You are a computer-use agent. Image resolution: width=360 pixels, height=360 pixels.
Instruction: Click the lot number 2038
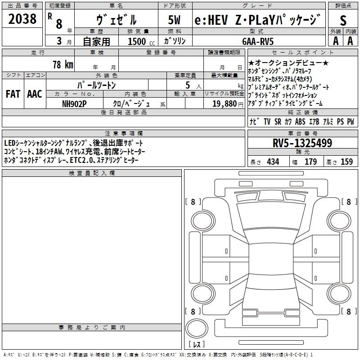[22, 19]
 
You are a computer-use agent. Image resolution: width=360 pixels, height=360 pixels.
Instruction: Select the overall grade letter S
[343, 20]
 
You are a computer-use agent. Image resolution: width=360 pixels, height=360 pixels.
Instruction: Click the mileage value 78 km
[63, 64]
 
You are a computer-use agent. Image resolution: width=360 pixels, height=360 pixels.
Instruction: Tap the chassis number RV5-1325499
[302, 143]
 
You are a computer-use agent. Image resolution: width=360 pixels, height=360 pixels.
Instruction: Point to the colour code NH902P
[74, 104]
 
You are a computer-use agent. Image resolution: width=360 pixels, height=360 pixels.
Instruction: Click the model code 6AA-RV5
[258, 41]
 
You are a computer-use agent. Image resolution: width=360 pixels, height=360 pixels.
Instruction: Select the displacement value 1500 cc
[141, 41]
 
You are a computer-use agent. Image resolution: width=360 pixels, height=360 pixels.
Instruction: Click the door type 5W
[174, 20]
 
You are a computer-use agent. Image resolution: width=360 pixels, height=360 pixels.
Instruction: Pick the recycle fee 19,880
[225, 103]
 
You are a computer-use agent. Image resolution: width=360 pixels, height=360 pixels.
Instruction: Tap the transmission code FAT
[13, 94]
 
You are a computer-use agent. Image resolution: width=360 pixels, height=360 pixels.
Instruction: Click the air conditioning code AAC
[35, 94]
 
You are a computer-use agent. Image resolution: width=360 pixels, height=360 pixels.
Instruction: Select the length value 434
[273, 162]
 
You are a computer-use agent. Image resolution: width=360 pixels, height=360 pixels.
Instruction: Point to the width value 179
[310, 162]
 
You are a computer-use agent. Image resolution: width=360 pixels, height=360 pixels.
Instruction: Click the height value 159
[346, 162]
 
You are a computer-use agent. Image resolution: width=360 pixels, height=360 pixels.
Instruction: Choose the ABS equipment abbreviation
[300, 121]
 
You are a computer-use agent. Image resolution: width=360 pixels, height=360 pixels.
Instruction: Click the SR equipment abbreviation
[278, 121]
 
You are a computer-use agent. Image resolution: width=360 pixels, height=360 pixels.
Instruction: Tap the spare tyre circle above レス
[186, 328]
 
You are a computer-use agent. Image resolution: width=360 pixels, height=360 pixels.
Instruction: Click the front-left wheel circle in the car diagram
[191, 220]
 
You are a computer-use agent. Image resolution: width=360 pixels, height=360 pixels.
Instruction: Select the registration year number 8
[59, 24]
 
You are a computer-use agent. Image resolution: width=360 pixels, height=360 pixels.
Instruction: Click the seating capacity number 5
[188, 85]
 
